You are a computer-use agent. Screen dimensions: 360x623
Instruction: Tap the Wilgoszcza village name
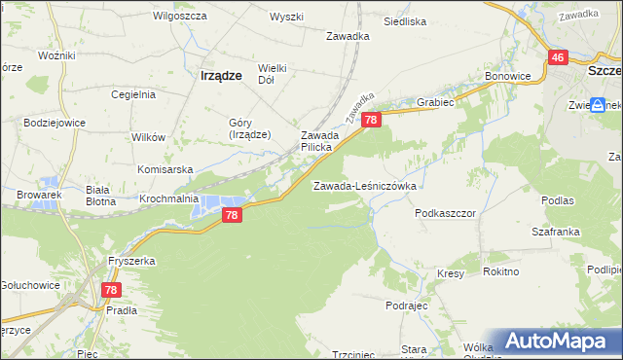click(x=176, y=17)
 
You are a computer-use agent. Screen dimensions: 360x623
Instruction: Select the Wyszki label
click(x=287, y=18)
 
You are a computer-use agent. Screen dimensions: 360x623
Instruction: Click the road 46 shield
click(x=558, y=58)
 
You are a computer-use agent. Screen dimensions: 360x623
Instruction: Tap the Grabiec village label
click(x=435, y=100)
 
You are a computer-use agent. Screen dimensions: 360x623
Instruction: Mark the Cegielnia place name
click(x=133, y=94)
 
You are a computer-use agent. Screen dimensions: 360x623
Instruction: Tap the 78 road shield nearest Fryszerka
click(x=112, y=290)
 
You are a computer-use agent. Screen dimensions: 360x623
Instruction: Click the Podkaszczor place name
click(x=444, y=212)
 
